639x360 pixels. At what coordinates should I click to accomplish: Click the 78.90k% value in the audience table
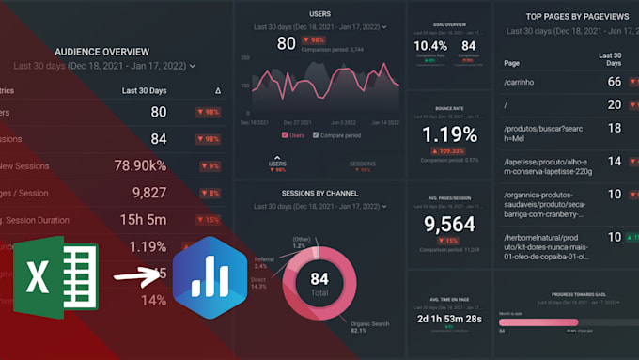point(140,165)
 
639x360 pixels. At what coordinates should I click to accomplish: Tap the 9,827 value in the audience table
point(148,193)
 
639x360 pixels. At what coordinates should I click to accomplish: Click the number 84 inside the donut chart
point(319,278)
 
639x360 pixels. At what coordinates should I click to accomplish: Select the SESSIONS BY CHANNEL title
point(319,194)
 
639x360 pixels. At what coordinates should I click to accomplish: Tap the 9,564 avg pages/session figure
point(449,224)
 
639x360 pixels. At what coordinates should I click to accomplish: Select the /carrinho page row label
point(521,82)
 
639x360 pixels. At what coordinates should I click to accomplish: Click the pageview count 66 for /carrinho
point(614,82)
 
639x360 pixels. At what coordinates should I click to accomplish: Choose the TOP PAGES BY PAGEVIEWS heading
point(564,17)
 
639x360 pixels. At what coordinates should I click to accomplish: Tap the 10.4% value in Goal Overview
point(430,46)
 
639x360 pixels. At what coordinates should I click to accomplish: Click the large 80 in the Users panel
point(287,43)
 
